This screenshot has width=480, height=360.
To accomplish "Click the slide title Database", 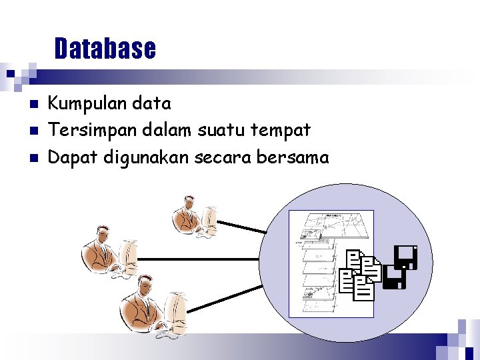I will tap(105, 49).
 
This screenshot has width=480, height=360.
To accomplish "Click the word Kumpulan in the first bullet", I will tap(79, 104).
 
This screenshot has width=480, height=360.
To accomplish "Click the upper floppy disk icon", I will tap(405, 256).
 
